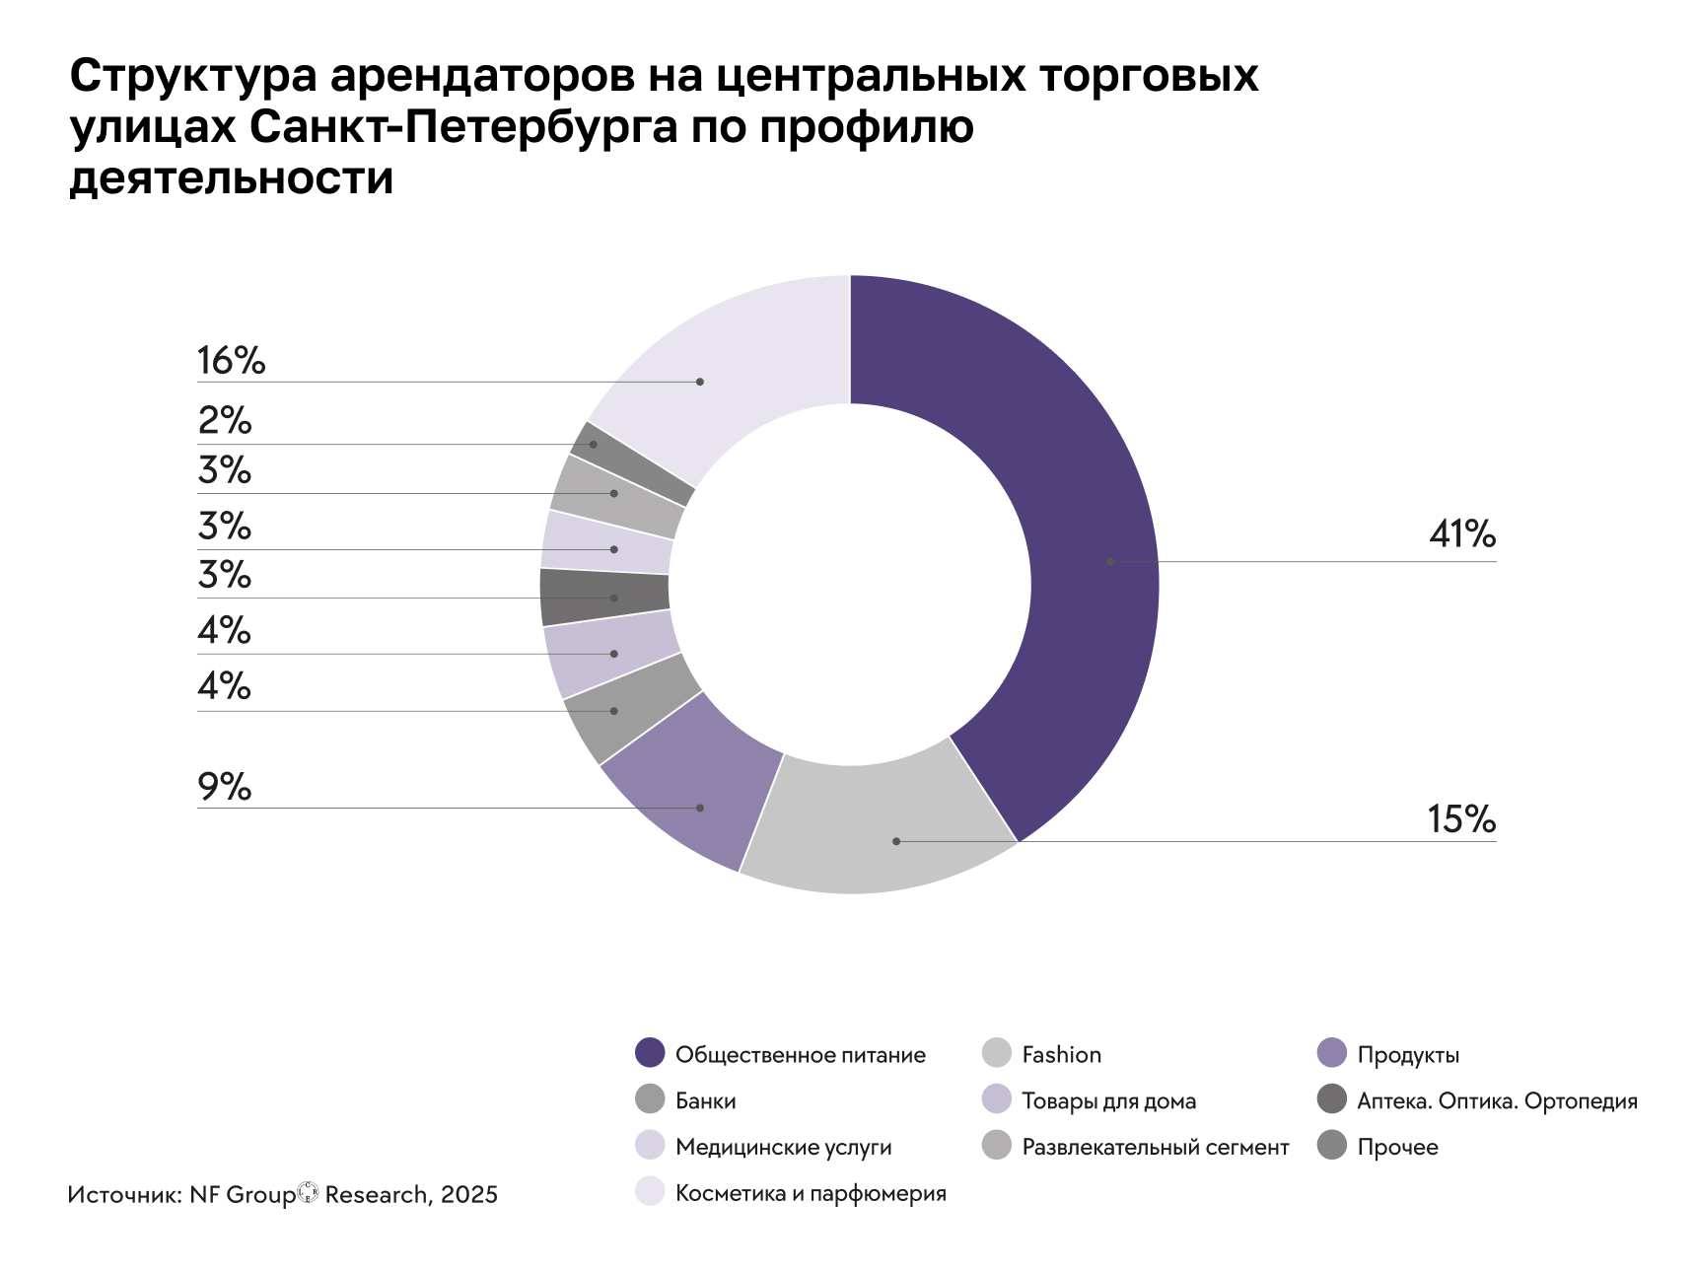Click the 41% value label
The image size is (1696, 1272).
(1461, 534)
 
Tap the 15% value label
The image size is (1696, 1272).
(1461, 819)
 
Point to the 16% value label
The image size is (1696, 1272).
(231, 361)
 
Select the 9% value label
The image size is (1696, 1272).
(224, 787)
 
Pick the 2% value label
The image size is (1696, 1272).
(224, 421)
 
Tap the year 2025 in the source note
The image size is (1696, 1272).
(469, 1195)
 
